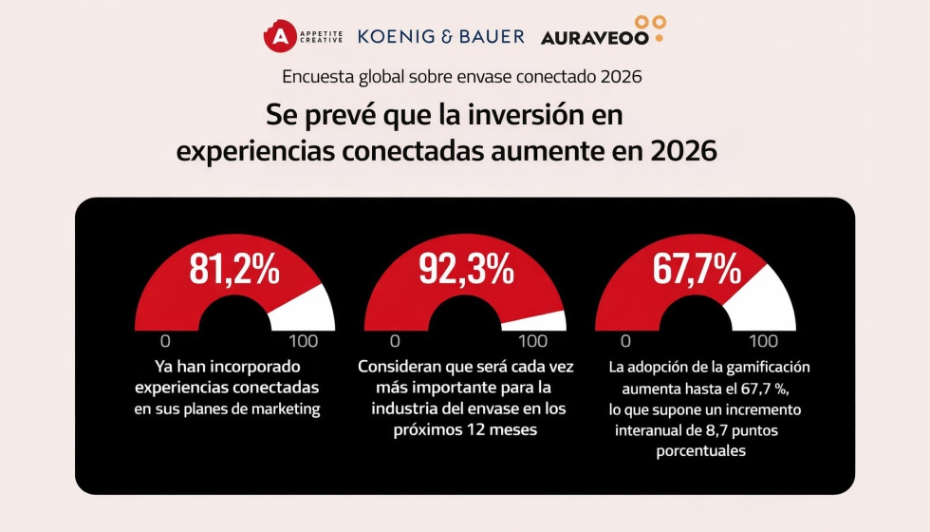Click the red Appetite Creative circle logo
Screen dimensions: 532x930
280,36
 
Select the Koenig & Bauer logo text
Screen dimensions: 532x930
440,36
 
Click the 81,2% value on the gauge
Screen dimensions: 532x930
234,270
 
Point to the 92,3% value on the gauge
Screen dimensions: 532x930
466,270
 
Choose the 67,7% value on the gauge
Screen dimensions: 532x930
697,270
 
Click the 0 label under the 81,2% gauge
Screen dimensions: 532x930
165,341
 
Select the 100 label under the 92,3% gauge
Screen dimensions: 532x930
533,341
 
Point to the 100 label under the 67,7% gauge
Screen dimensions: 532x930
764,341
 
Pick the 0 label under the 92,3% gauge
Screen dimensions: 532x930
395,341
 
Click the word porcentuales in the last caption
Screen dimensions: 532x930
701,451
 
